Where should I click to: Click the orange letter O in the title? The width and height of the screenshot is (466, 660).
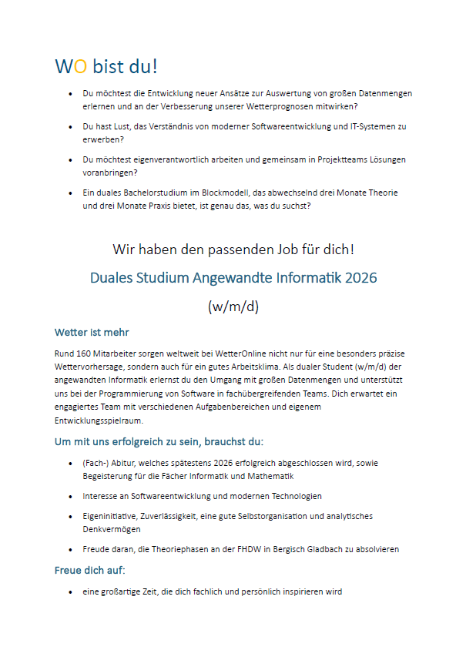79,67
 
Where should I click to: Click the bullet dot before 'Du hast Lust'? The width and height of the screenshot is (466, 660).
70,126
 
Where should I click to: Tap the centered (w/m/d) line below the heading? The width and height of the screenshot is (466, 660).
233,306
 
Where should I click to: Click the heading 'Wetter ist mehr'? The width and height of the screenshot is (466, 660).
92,333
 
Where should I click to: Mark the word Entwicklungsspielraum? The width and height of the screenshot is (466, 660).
99,421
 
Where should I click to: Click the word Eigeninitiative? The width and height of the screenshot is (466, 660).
107,516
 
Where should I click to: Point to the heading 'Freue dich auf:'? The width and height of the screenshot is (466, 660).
89,571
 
